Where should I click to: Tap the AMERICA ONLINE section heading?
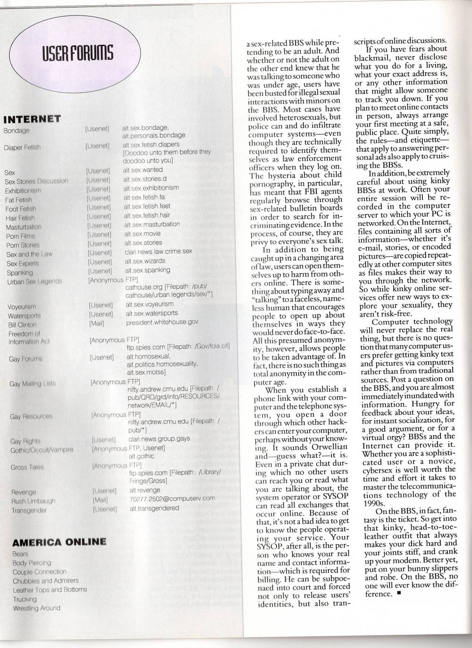coord(59,542)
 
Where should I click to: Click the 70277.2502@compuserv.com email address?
coord(172,498)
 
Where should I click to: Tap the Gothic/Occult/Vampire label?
coord(42,450)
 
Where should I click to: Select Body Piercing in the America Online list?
coord(32,563)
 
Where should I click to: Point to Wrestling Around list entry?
coord(36,608)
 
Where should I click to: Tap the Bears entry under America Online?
coord(20,554)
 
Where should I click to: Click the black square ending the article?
coord(399,594)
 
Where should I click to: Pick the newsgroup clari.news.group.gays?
coord(159,438)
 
